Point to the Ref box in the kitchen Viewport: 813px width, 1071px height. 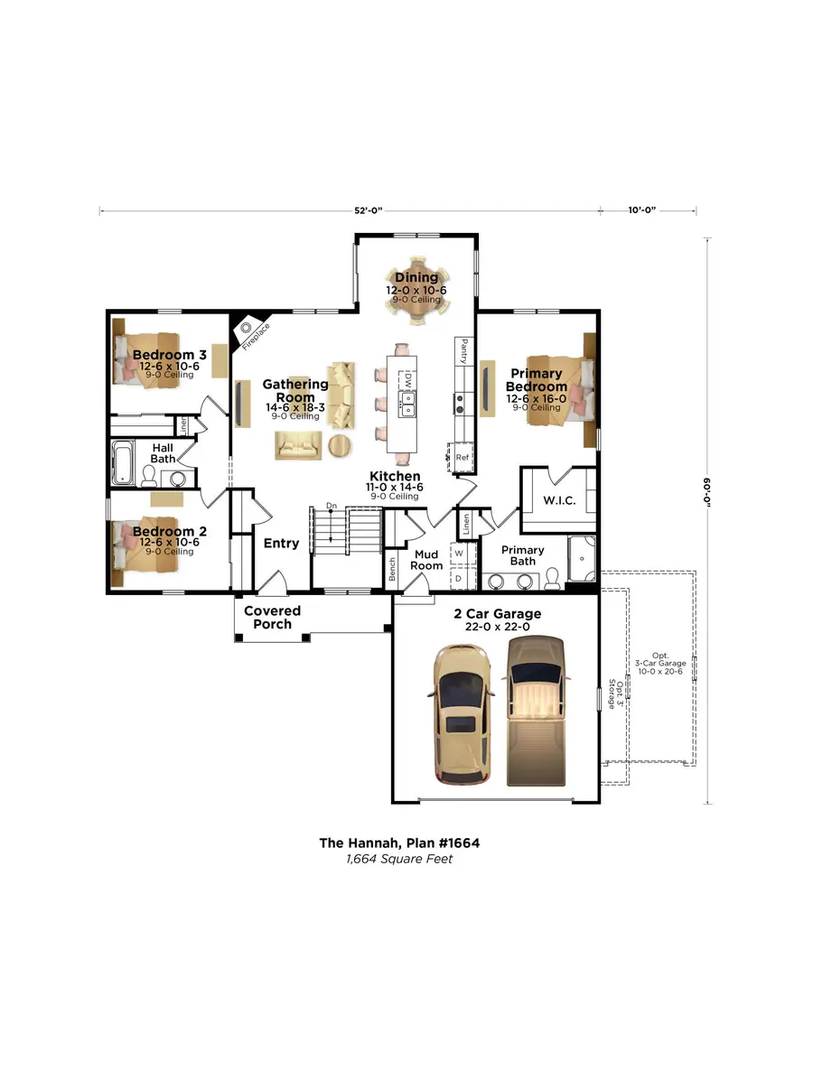point(463,457)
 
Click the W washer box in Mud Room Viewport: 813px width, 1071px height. point(459,552)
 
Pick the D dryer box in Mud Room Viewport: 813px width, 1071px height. point(459,577)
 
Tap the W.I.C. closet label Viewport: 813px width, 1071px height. point(560,500)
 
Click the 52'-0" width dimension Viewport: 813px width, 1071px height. point(368,210)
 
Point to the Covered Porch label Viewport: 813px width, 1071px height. point(272,618)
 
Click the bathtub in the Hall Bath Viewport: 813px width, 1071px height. point(124,463)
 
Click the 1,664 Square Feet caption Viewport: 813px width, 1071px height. point(398,859)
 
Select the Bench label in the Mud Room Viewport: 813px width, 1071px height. point(392,568)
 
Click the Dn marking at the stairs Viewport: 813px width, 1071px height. point(332,505)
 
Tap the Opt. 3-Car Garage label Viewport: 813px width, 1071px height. point(671,664)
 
